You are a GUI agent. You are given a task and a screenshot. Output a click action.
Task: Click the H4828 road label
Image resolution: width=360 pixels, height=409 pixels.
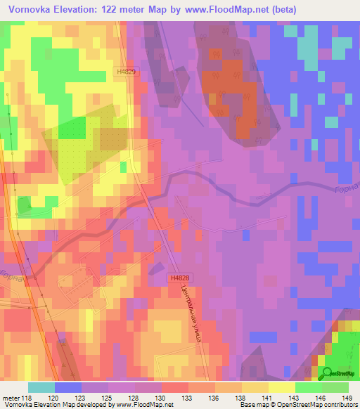coord(179,279)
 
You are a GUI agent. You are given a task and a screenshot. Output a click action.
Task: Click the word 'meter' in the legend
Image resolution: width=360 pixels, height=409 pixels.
coord(12,397)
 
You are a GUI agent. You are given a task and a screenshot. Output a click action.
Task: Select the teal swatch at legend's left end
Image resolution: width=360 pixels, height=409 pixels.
coord(41,387)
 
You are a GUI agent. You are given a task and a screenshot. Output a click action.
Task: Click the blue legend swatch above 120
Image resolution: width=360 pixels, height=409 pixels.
coord(68,387)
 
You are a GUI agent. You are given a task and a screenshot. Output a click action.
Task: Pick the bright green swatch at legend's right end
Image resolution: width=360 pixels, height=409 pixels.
coord(335,387)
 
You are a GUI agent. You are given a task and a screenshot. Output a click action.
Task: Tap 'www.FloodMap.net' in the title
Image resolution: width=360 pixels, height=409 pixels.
coord(227,10)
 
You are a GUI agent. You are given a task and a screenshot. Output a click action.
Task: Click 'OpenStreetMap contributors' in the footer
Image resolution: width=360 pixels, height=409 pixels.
coord(318,405)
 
